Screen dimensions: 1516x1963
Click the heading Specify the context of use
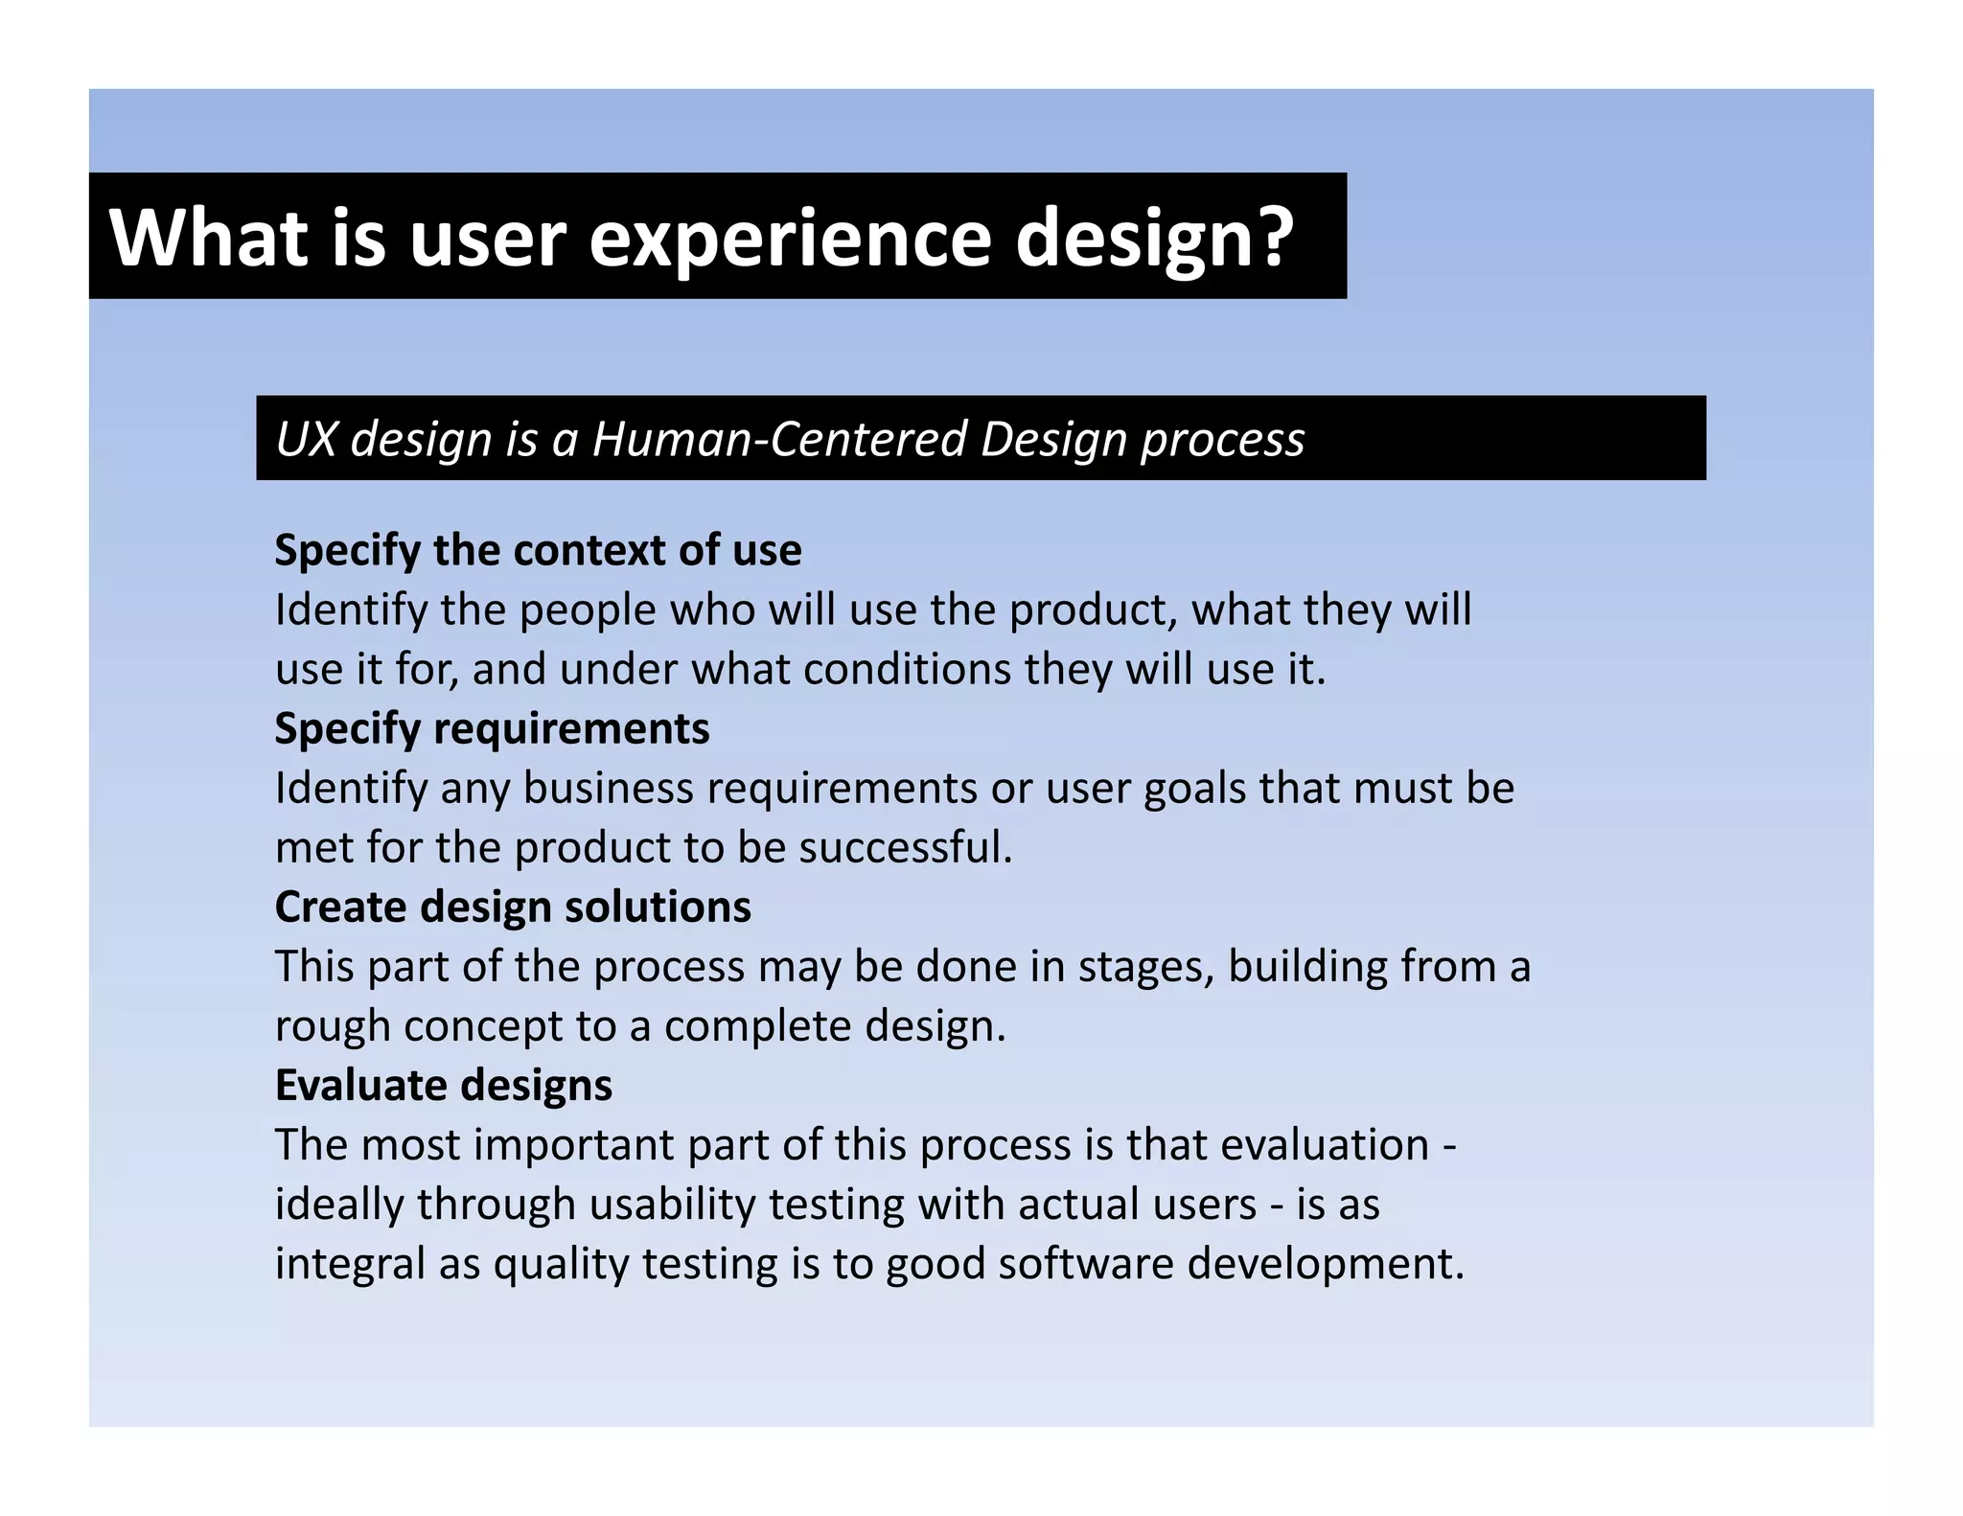pos(538,550)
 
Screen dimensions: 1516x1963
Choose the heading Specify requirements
pos(492,728)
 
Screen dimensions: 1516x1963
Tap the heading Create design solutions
pos(513,907)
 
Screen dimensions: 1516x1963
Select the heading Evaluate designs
pos(443,1085)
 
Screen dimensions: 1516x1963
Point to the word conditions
pos(907,669)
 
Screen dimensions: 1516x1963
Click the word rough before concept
pos(333,1026)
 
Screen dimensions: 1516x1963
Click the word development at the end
pos(1326,1264)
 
